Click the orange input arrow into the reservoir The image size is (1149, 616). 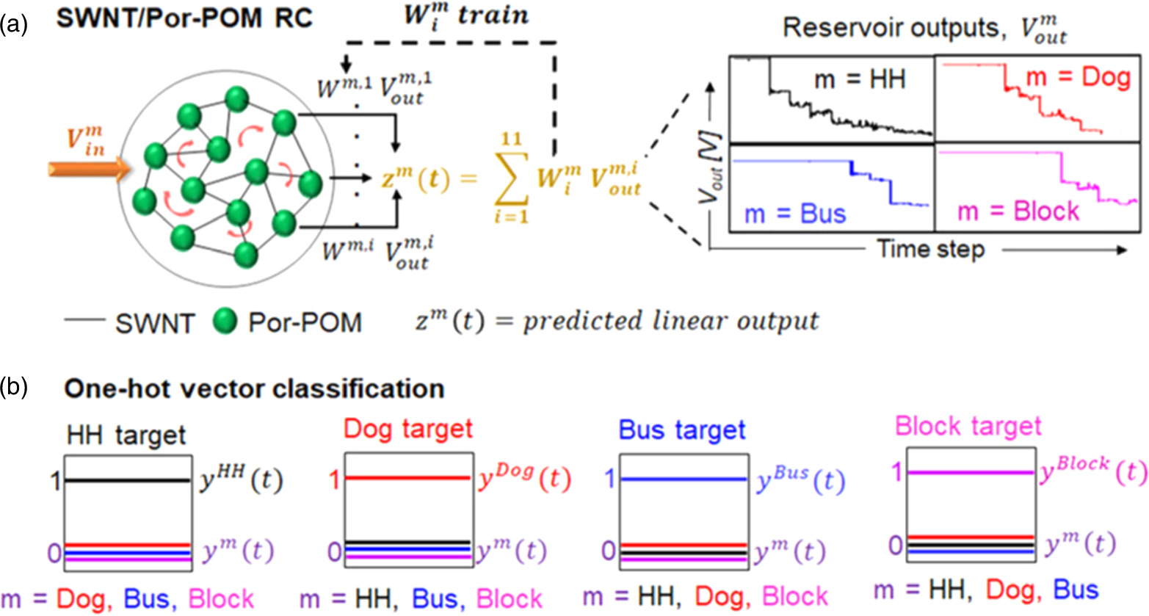[x=87, y=170]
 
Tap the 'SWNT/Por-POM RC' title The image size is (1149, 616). [x=184, y=18]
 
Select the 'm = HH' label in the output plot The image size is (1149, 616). [x=860, y=79]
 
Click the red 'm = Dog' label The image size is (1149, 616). [x=1078, y=77]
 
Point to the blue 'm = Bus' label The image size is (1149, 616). [x=794, y=214]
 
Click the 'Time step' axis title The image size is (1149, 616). [x=930, y=250]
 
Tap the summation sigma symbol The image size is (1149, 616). [x=511, y=179]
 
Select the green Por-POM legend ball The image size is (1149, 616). [x=225, y=321]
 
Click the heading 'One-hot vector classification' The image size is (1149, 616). [x=254, y=388]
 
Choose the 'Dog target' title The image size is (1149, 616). [x=408, y=429]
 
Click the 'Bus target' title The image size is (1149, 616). [x=682, y=430]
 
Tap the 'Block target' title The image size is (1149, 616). [x=968, y=426]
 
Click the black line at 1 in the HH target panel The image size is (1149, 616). [x=127, y=480]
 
